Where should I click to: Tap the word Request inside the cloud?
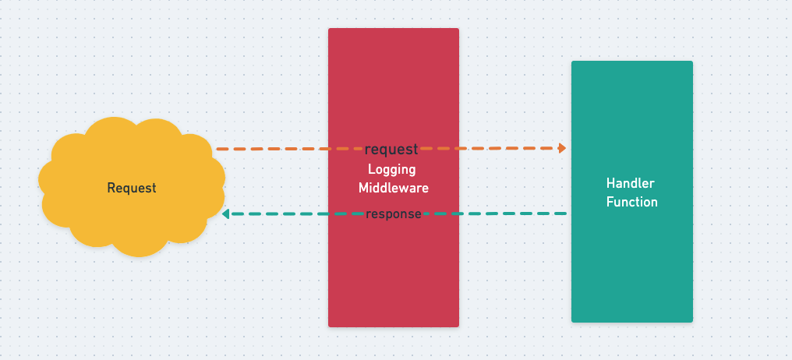point(132,188)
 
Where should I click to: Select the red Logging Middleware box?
point(393,265)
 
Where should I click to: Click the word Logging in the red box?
point(392,169)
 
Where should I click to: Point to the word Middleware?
point(394,188)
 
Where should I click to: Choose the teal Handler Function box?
point(631,265)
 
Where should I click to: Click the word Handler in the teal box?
point(631,183)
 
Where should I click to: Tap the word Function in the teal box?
point(632,202)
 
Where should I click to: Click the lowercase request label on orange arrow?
point(391,150)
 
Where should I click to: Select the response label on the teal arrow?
point(394,214)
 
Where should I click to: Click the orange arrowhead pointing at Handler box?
point(561,147)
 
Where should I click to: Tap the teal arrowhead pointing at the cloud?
point(225,214)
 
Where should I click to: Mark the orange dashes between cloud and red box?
point(273,148)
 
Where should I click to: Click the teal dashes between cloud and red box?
point(277,214)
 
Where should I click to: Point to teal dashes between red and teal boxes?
point(514,214)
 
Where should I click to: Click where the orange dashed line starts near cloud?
point(219,148)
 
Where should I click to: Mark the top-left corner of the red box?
point(330,30)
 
